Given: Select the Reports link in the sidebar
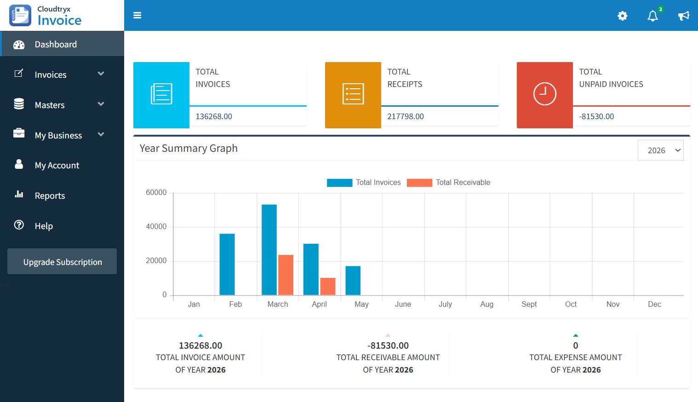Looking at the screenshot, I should pos(50,195).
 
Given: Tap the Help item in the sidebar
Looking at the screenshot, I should pos(44,226).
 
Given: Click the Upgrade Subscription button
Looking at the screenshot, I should pos(62,262).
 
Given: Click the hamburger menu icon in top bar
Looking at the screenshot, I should pos(137,15).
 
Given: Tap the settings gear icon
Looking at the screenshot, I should pos(622,16).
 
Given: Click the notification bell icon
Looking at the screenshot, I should pos(652,16).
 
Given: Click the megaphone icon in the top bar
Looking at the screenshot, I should pos(683,16).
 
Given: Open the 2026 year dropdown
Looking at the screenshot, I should pos(660,150).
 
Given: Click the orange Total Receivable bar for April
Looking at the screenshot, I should pos(328,286).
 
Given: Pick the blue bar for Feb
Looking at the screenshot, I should pos(227,264).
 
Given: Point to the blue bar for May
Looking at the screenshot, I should pos(353,280).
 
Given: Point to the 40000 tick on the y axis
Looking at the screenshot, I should pos(156,226).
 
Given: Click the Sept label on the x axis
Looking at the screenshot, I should pos(529,304).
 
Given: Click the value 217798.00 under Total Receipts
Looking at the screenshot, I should pos(406,116).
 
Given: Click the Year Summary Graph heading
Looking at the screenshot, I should pos(189,148).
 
